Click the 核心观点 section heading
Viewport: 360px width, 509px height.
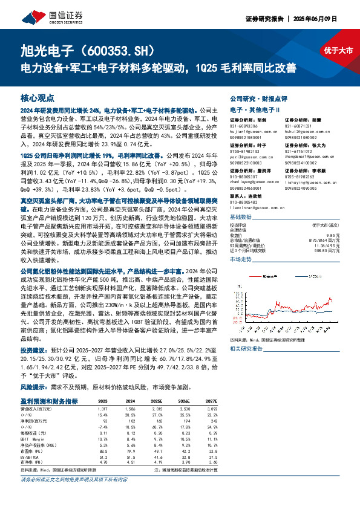[x=37, y=97]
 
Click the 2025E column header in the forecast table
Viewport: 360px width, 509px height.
[x=157, y=401]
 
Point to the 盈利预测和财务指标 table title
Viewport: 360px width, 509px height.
[x=49, y=401]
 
